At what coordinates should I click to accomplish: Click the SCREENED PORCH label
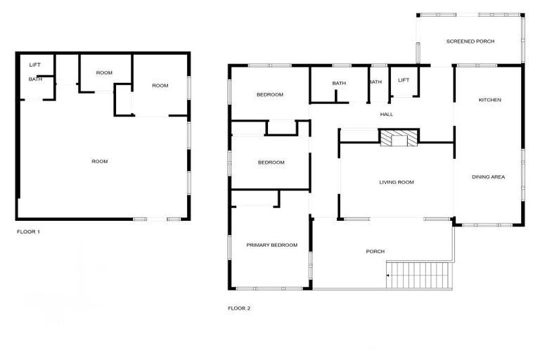coord(470,41)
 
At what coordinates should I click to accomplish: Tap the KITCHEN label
coord(490,100)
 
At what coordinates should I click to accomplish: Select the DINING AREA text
coord(488,176)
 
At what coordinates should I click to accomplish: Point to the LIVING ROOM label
coord(397,182)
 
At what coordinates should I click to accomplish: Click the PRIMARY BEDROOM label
coord(271,245)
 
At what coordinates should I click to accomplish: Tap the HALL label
coord(386,114)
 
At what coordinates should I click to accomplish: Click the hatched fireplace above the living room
coord(399,137)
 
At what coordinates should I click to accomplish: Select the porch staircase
coord(420,274)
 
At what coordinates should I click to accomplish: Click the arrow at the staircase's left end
coord(387,275)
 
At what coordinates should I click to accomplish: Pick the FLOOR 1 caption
coord(28,231)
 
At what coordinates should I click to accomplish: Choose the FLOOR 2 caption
coord(239,308)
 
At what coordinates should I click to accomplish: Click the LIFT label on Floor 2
coord(403,80)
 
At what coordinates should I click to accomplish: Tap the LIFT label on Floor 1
coord(35,65)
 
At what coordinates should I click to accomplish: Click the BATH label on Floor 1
coord(35,79)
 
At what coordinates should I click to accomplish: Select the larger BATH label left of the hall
coord(339,84)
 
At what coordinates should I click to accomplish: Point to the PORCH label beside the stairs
coord(375,251)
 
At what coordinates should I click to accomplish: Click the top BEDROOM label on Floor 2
coord(269,95)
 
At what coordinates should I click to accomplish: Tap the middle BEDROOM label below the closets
coord(271,162)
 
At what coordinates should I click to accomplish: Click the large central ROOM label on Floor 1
coord(100,162)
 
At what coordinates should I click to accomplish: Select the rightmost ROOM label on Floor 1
coord(160,86)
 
